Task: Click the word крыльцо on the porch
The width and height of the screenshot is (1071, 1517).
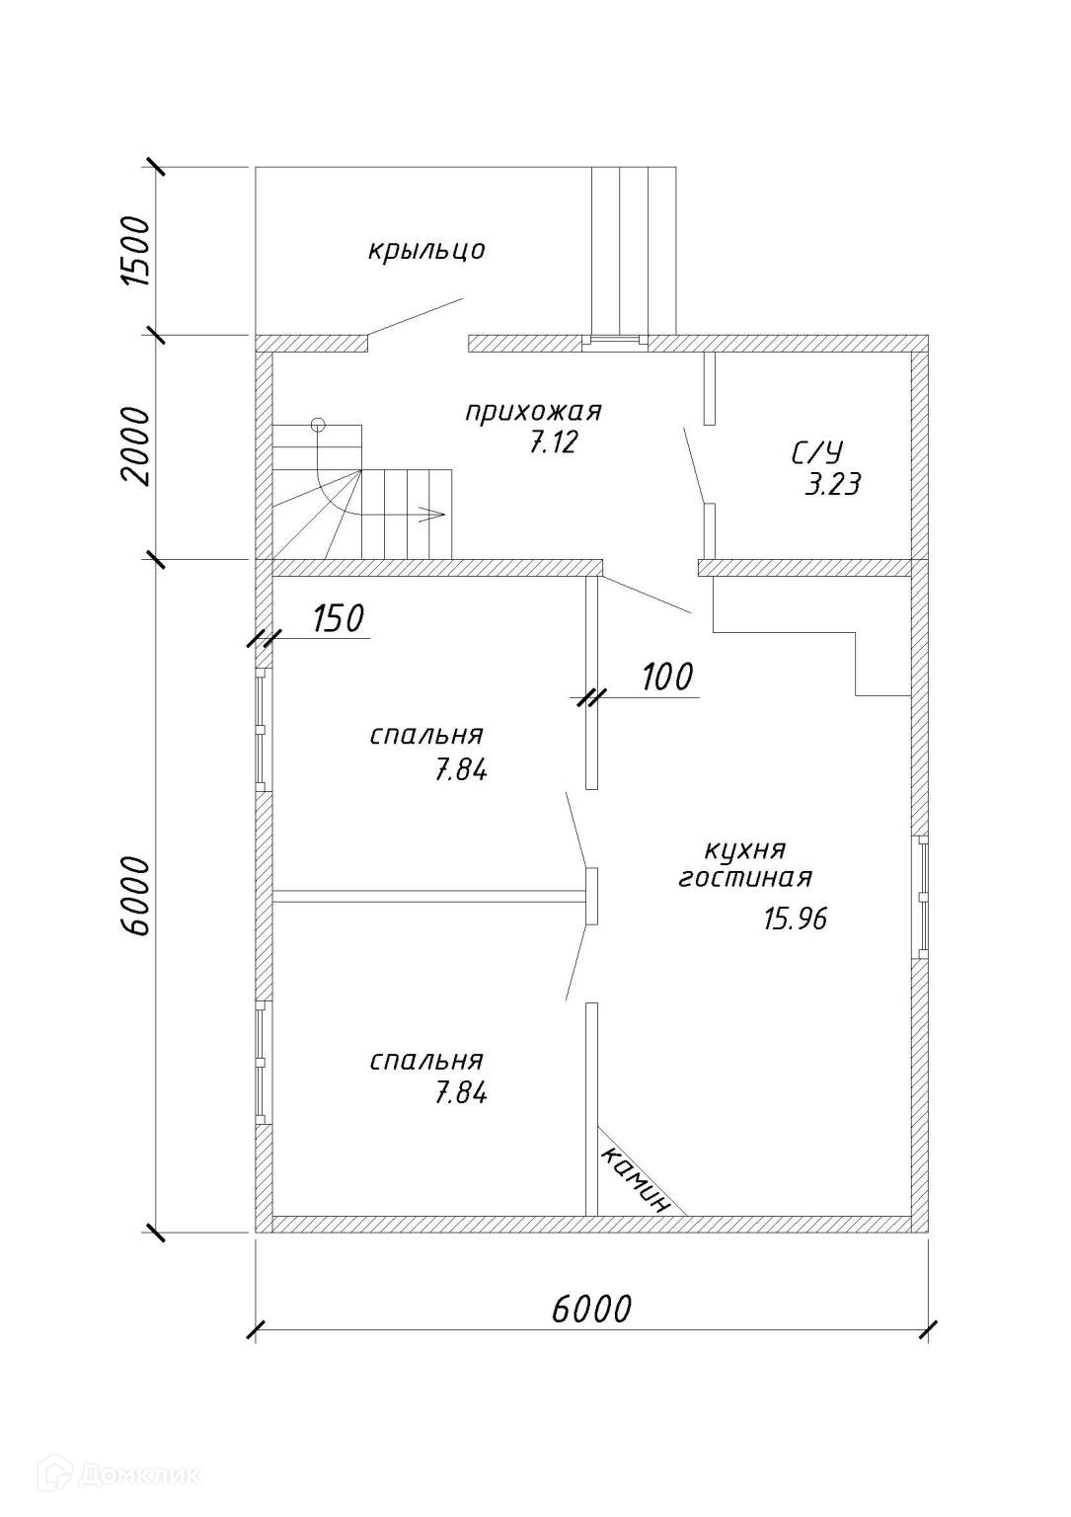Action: (x=426, y=250)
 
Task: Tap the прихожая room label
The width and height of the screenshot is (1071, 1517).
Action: (x=533, y=411)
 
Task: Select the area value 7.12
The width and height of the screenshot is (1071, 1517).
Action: (x=552, y=443)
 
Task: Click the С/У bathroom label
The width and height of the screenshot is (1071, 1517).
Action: (x=817, y=453)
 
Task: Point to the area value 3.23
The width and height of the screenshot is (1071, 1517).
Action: (x=832, y=485)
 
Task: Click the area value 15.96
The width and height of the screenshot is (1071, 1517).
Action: (x=795, y=919)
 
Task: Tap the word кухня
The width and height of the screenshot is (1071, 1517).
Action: (x=744, y=849)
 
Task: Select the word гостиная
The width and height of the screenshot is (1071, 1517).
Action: (x=745, y=878)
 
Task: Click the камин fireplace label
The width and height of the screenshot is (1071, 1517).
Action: (x=636, y=1179)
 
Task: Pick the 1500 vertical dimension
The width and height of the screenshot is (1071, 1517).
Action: (x=135, y=250)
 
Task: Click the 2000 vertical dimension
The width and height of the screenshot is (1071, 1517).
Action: (x=135, y=445)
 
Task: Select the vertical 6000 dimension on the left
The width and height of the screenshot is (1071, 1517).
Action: (x=135, y=896)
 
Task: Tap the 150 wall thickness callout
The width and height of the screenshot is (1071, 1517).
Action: (x=338, y=619)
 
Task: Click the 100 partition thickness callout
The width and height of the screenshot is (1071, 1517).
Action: (x=667, y=678)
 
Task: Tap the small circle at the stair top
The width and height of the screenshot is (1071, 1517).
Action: (x=317, y=425)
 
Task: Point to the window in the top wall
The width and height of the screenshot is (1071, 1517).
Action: (x=612, y=343)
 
